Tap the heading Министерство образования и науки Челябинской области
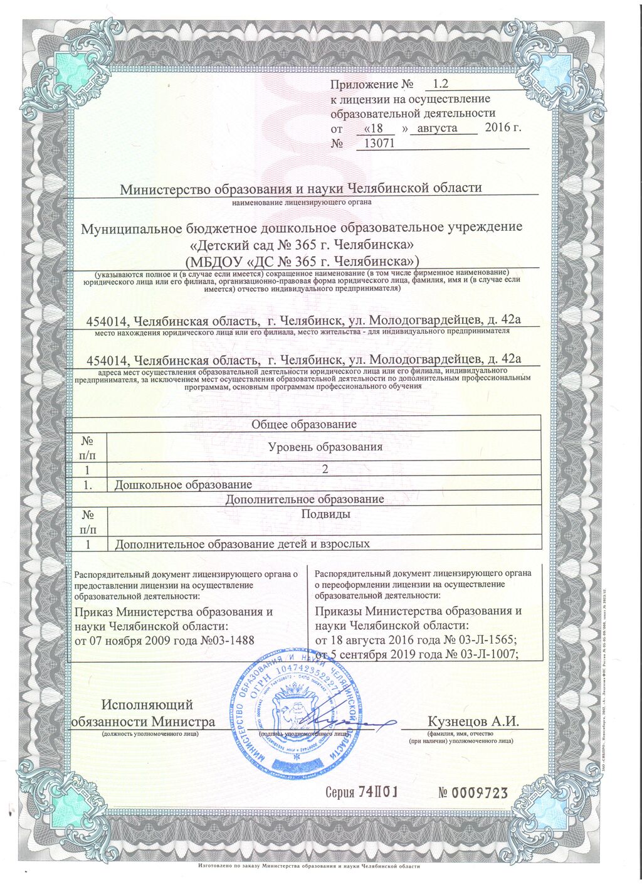coord(300,188)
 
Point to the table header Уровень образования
coord(325,447)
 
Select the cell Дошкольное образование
coord(183,484)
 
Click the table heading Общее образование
coord(303,425)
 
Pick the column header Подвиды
coord(325,514)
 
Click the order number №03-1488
coord(231,640)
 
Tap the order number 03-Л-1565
coord(483,640)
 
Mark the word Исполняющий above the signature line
coord(147,705)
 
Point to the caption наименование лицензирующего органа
coord(302,203)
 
